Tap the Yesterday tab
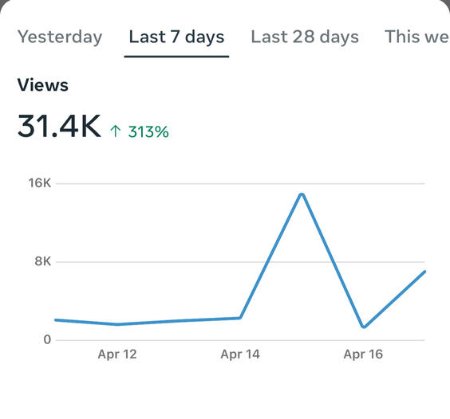[x=60, y=37]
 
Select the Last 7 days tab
[x=176, y=37]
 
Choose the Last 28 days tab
[x=305, y=37]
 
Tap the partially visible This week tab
[x=417, y=37]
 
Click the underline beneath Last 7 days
[x=176, y=57]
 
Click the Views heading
[x=43, y=85]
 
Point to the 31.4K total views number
[x=59, y=126]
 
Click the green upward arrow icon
[x=116, y=131]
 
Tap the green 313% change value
[x=148, y=131]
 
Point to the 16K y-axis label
[x=40, y=183]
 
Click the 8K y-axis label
[x=43, y=261]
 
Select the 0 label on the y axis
[x=47, y=339]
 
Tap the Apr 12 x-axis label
[x=117, y=354]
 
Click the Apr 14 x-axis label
[x=240, y=354]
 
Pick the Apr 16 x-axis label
[x=363, y=354]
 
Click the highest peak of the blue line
[x=302, y=194]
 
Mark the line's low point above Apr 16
[x=364, y=327]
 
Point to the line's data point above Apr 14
[x=240, y=318]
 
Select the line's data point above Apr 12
[x=117, y=324]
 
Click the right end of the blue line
[x=424, y=272]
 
